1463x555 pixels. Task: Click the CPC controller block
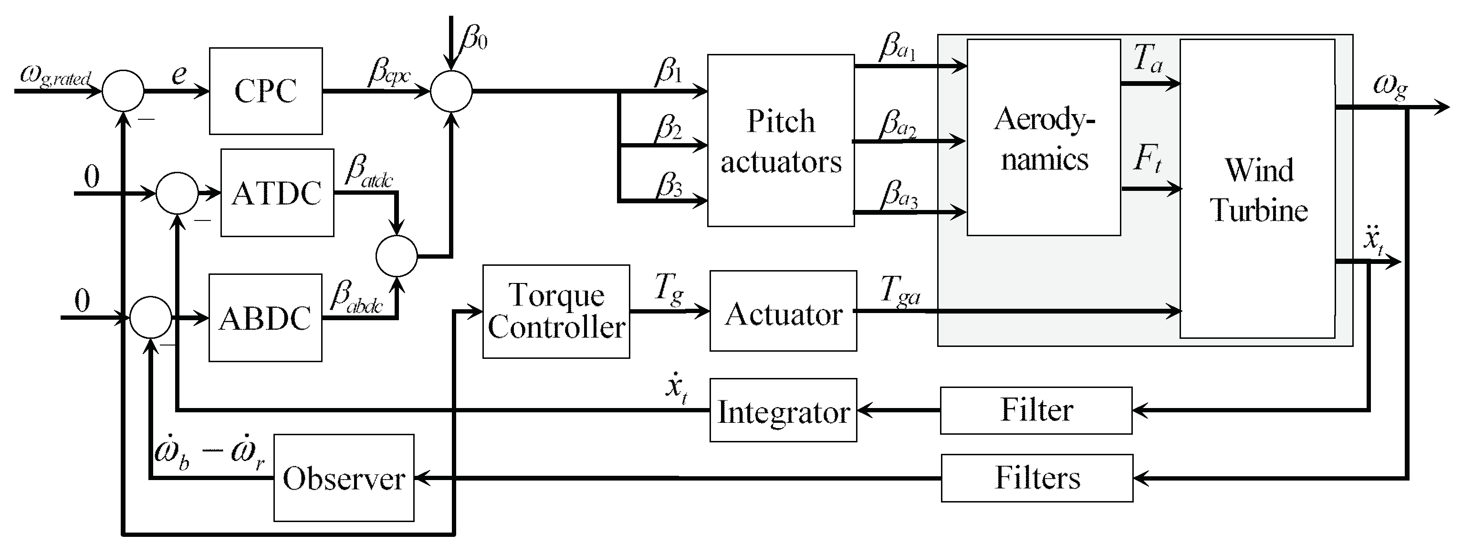pos(266,91)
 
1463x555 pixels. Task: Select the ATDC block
pos(277,193)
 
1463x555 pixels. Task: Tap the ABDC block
pos(265,317)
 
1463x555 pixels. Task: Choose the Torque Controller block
pos(556,311)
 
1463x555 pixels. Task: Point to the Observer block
pos(344,478)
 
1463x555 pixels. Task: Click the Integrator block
pos(783,410)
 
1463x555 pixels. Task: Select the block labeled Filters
pos(1037,478)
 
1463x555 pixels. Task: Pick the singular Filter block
pos(1036,410)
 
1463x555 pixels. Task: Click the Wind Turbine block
pos(1257,188)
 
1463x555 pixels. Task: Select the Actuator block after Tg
pos(783,311)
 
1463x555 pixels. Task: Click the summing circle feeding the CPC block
pos(123,91)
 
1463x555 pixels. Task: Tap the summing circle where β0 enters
pos(451,91)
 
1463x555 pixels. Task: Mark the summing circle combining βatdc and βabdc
pos(397,256)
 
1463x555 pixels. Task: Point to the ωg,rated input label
pos(55,75)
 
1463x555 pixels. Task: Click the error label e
pos(179,74)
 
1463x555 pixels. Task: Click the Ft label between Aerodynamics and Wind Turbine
pos(1148,158)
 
